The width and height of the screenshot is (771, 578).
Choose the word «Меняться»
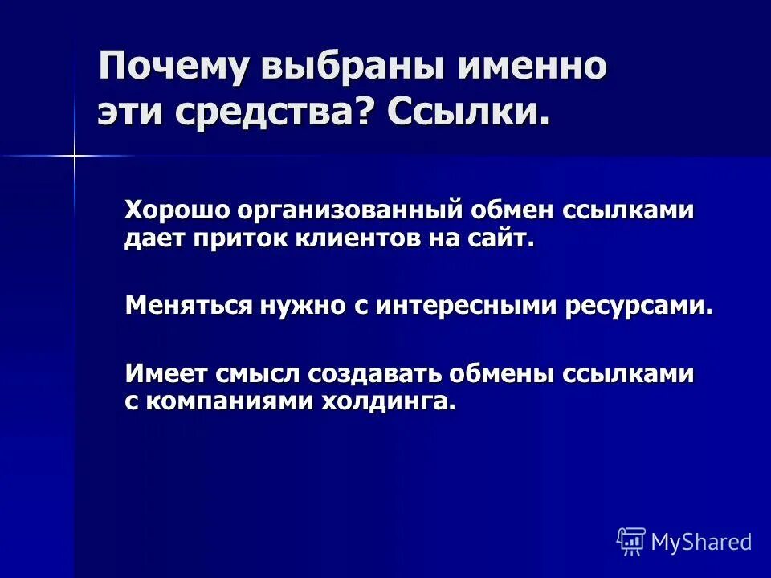tap(187, 306)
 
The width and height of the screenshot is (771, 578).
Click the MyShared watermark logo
tap(684, 542)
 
